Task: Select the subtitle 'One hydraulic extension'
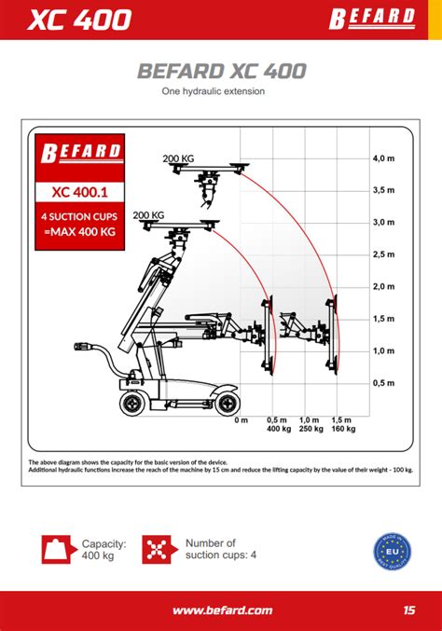[x=214, y=91]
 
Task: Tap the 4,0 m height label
[x=383, y=158]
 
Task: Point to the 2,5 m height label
[x=383, y=254]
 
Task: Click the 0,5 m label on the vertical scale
[x=383, y=383]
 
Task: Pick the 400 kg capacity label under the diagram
[x=278, y=430]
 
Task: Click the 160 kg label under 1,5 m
[x=343, y=430]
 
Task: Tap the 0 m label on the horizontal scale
[x=242, y=420]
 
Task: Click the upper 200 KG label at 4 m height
[x=177, y=158]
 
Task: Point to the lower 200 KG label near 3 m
[x=148, y=215]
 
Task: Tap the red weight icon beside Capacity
[x=57, y=550]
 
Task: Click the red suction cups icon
[x=159, y=550]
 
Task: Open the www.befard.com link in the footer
[x=222, y=610]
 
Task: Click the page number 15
[x=409, y=610]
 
